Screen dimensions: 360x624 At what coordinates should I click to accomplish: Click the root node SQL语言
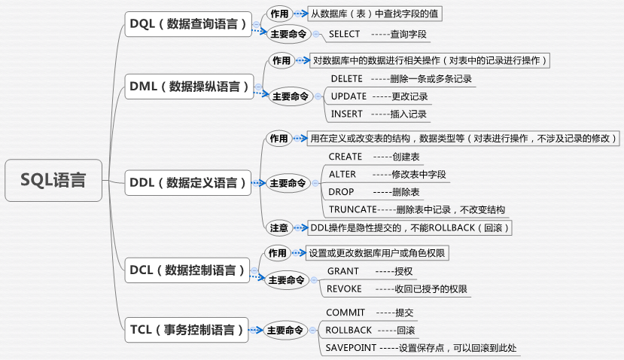pos(53,181)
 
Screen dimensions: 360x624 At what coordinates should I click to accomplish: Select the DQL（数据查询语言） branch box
pos(187,24)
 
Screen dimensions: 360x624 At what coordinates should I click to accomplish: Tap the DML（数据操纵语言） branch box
pos(189,87)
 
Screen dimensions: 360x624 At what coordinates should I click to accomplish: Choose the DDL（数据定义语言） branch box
pos(187,182)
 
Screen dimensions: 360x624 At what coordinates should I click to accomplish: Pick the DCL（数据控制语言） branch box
pos(187,269)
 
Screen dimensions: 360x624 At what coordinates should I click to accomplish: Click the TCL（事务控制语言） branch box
pos(187,329)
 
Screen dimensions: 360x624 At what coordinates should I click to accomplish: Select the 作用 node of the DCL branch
pos(277,253)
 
